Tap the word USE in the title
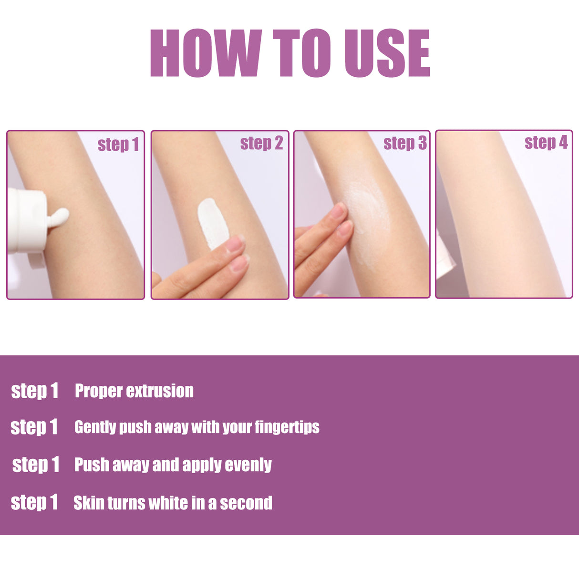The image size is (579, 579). (x=387, y=53)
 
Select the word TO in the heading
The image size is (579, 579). (x=301, y=53)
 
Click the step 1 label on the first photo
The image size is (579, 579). (x=118, y=145)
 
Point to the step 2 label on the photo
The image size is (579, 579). (x=261, y=143)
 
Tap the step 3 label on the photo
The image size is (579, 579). (x=405, y=143)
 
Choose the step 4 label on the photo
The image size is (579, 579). (x=546, y=143)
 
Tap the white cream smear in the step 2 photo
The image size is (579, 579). (x=213, y=222)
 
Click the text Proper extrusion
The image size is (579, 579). (x=134, y=391)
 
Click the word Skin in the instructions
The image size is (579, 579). (x=89, y=503)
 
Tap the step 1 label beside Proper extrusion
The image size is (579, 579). (x=34, y=391)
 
